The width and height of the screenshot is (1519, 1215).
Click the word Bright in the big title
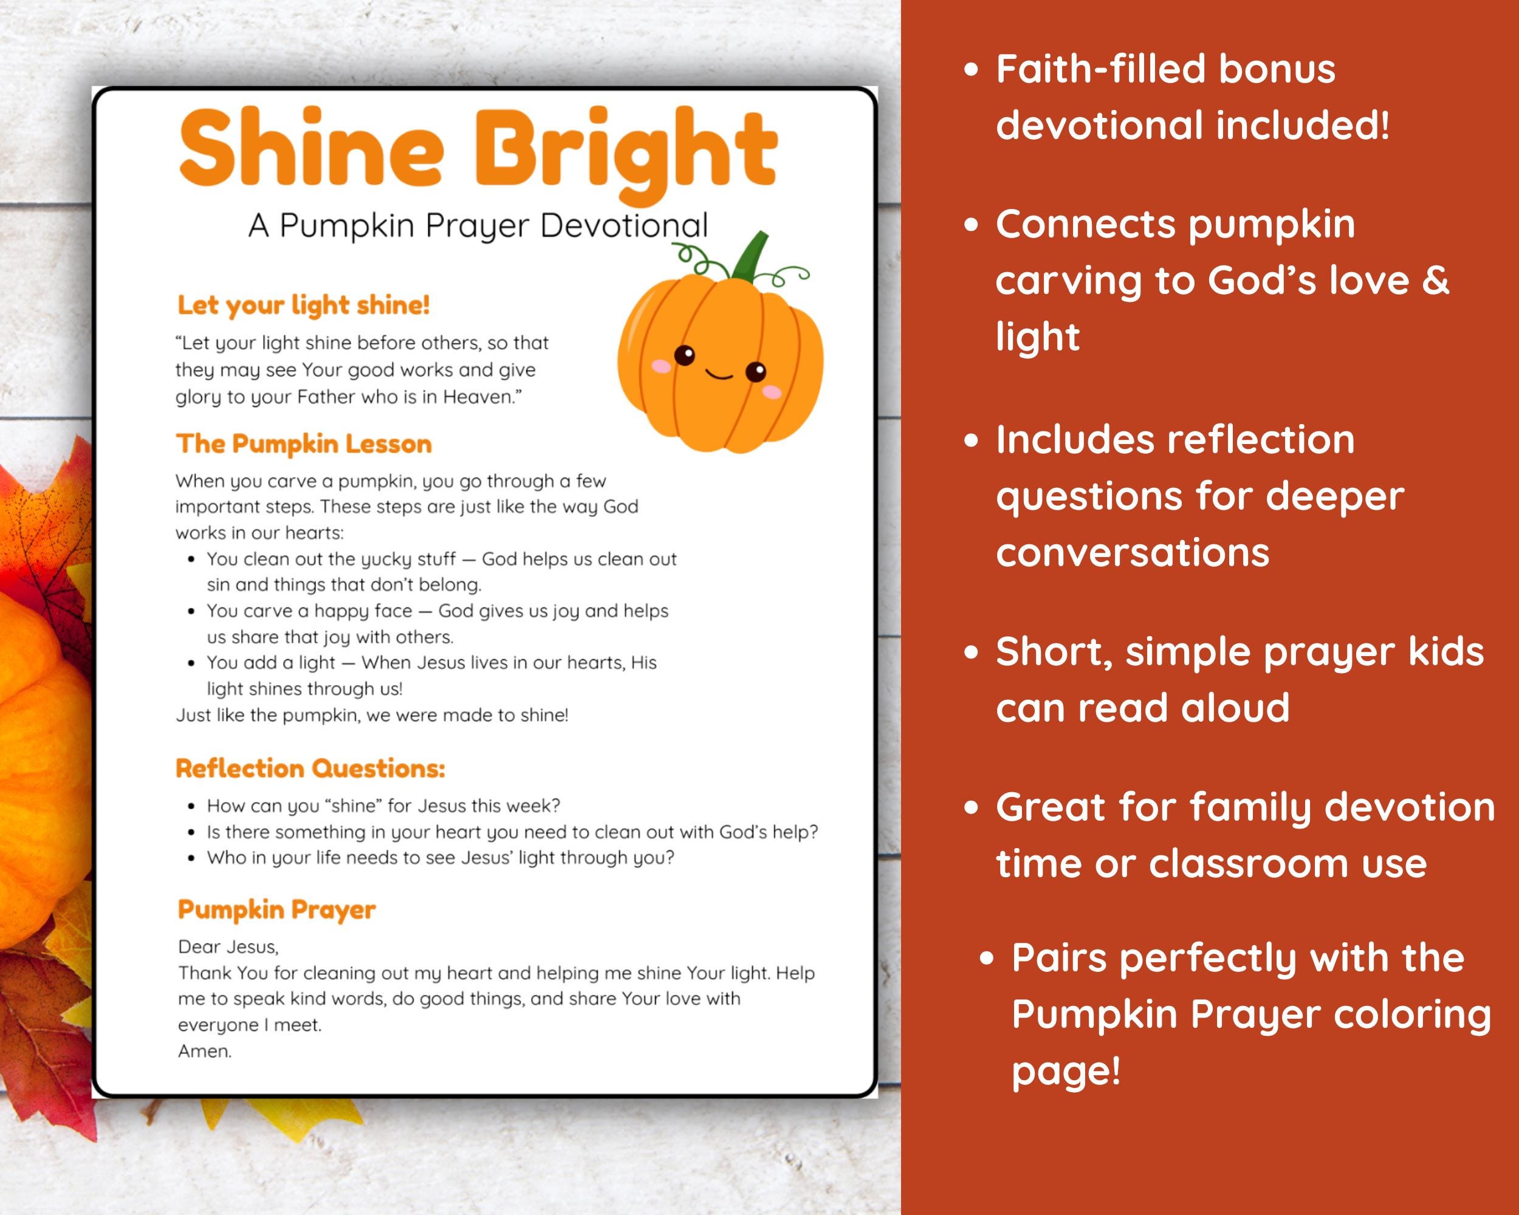coord(626,151)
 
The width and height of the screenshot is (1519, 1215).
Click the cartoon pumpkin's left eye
coord(684,355)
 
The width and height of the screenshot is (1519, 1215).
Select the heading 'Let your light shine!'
coord(303,305)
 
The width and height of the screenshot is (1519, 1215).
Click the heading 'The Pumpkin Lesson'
coord(304,443)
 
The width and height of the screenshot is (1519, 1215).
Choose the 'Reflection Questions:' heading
coord(310,768)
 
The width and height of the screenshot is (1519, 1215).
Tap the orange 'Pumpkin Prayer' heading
coord(276,909)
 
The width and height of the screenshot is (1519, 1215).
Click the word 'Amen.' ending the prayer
coord(204,1051)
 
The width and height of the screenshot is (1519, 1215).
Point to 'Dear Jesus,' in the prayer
coord(228,946)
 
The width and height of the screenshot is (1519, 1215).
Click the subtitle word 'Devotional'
coord(623,226)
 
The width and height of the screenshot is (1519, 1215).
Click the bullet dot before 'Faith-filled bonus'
coord(972,70)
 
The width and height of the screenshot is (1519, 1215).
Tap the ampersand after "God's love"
coord(1435,280)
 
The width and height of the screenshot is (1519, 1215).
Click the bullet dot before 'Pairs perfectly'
coord(988,959)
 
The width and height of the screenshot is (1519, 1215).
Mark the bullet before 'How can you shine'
coord(191,807)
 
